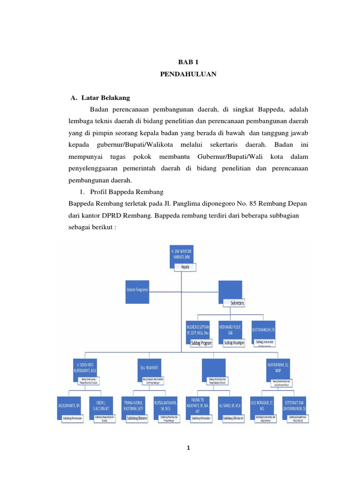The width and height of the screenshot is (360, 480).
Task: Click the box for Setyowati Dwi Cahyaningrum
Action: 297,405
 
